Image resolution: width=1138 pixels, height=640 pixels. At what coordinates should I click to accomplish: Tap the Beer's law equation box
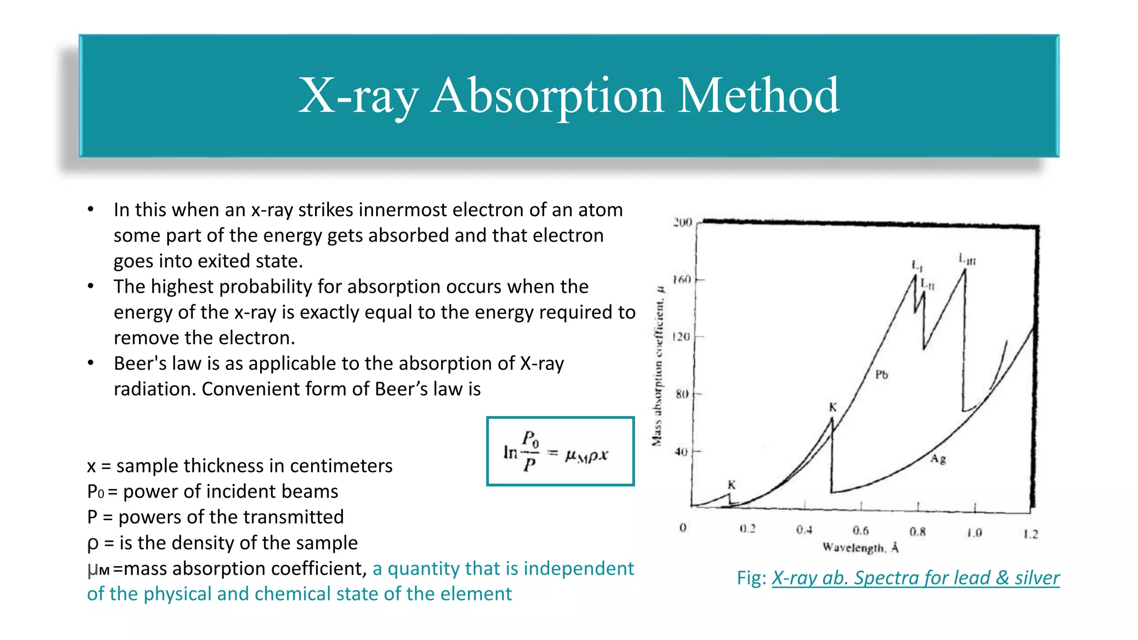click(560, 451)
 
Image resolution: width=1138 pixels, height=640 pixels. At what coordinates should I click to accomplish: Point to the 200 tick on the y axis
click(682, 222)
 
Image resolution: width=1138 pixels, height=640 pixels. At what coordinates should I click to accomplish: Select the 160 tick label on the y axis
click(682, 279)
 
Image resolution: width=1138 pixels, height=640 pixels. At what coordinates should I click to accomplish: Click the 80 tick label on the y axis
click(682, 394)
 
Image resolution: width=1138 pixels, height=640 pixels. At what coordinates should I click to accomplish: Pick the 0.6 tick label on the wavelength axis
click(861, 531)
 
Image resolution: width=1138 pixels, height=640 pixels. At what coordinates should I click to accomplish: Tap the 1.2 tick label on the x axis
click(1031, 534)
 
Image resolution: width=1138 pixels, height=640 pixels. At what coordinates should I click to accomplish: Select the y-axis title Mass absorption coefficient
click(658, 367)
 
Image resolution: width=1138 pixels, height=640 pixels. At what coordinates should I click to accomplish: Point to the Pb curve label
click(881, 374)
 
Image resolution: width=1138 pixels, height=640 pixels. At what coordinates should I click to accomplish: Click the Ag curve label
click(938, 459)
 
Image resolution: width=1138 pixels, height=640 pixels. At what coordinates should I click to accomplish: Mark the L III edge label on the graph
click(967, 259)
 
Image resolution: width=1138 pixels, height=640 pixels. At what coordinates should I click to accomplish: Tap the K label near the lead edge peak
click(832, 407)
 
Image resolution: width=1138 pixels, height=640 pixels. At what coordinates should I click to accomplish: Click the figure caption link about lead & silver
click(915, 578)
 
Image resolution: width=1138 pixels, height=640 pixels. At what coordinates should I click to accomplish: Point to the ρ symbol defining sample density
click(93, 543)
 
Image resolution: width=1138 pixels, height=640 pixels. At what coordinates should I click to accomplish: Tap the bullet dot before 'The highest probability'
click(91, 287)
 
